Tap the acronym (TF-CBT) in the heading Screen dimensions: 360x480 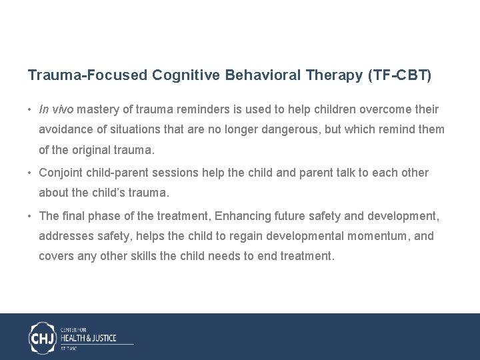(399, 75)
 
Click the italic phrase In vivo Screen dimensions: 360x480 (57, 109)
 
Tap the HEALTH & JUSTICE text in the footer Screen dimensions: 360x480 (89, 338)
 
